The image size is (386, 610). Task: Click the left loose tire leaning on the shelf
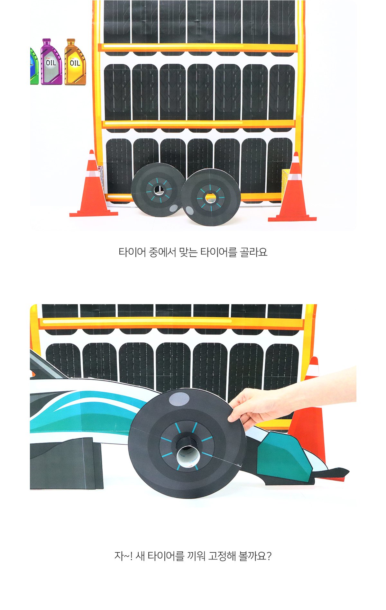[158, 190]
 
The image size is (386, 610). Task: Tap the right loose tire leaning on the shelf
[210, 197]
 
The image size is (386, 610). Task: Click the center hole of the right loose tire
[210, 198]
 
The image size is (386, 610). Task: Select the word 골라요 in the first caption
[253, 252]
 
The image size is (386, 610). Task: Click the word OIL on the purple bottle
[51, 63]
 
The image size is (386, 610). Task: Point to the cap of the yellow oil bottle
[71, 41]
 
